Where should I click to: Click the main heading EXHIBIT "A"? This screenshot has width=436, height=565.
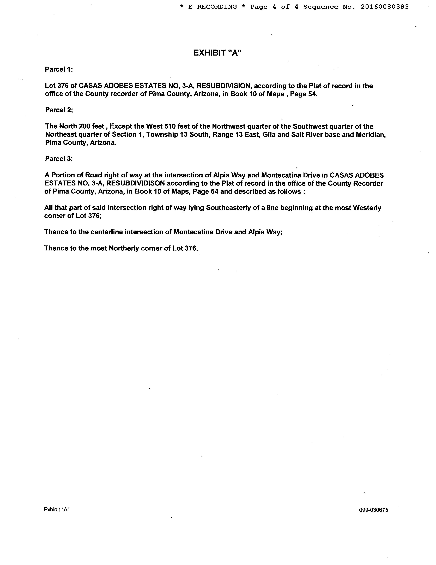pos(217,53)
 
